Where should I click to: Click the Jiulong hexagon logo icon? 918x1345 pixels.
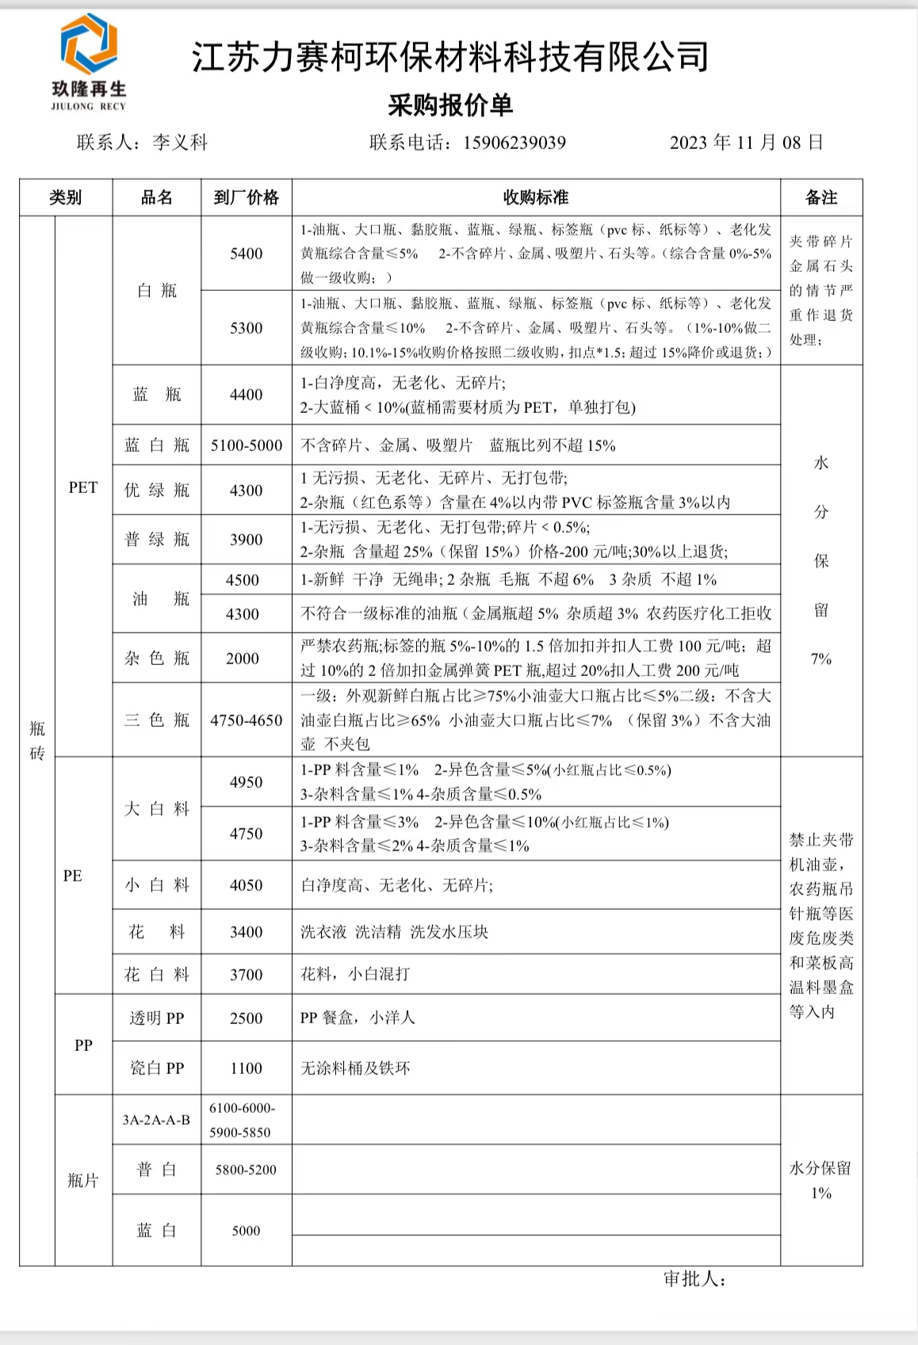tap(89, 44)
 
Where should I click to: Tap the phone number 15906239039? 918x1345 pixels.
tap(514, 143)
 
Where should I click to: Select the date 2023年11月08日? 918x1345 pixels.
tap(746, 143)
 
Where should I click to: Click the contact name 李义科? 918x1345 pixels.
tap(180, 143)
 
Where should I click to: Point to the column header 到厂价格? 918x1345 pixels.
tap(246, 197)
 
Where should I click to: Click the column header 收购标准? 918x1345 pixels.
tap(536, 197)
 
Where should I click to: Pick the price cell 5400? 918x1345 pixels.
tap(246, 254)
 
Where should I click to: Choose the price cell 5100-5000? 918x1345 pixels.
tap(246, 445)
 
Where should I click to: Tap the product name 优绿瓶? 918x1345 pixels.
tap(157, 491)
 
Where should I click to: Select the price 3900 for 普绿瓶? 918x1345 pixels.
tap(246, 540)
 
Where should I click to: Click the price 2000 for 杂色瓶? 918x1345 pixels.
tap(243, 659)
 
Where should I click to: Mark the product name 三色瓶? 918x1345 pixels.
tap(157, 720)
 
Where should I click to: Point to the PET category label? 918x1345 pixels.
tap(83, 487)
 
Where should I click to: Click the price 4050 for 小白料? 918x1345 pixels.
tap(246, 885)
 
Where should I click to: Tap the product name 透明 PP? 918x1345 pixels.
tap(157, 1018)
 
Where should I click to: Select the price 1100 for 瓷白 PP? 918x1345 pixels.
tap(246, 1068)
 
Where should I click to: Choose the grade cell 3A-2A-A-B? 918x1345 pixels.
tap(156, 1120)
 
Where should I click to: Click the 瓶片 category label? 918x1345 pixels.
tap(83, 1181)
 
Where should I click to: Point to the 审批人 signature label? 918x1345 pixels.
tap(694, 1279)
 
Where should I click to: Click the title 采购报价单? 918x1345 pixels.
tap(450, 105)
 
